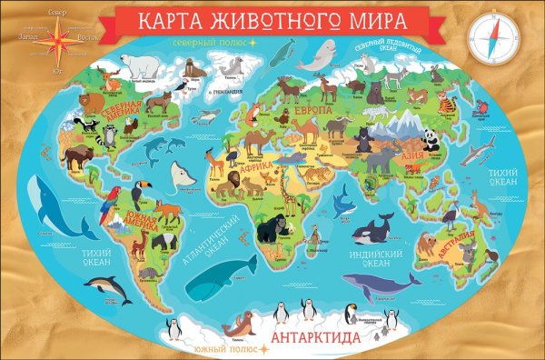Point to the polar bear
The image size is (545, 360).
(142, 63)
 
